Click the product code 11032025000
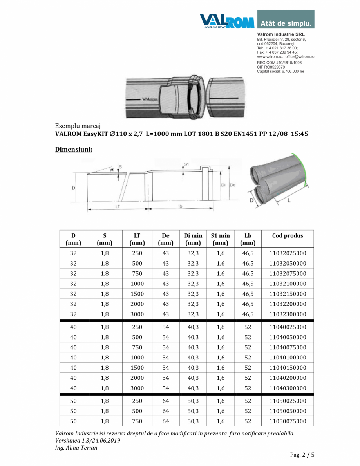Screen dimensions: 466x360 click(288, 253)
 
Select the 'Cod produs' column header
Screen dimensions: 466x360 click(288, 236)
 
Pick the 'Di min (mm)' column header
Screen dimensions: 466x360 click(193, 239)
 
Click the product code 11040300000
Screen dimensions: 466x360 click(288, 388)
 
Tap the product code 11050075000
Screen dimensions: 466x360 click(288, 421)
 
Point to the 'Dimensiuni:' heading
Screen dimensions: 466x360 click(74, 149)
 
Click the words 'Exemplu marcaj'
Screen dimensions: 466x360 click(78, 126)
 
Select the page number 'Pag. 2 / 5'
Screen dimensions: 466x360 click(302, 455)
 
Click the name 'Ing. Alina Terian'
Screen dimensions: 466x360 click(76, 448)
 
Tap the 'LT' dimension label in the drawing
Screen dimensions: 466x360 click(117, 207)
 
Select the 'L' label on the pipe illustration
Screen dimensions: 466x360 click(289, 200)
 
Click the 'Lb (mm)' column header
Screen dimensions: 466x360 click(248, 239)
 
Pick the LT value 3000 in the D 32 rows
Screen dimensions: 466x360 click(137, 314)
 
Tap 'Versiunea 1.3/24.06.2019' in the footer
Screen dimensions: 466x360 click(88, 441)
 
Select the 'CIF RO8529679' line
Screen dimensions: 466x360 click(271, 67)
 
